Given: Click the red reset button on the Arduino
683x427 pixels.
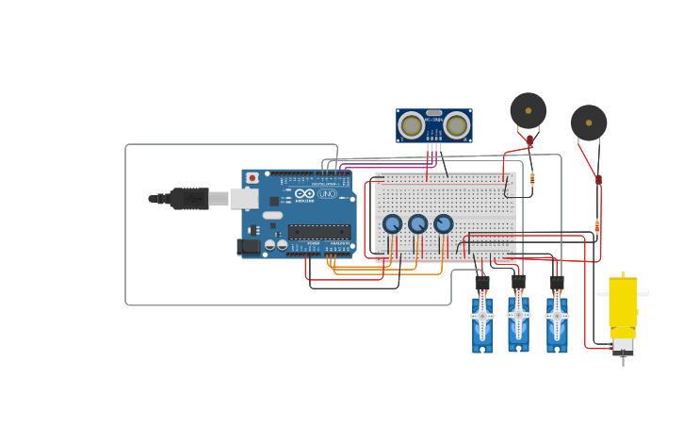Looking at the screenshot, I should tap(252, 178).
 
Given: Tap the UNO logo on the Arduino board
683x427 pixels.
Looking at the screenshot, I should tap(327, 194).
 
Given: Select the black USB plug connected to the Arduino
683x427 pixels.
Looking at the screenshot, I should tap(188, 199).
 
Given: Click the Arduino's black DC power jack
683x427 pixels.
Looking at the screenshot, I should tap(249, 247).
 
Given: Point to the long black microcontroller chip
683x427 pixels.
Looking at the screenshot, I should tap(319, 232).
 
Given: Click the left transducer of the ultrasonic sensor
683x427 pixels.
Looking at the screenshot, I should tap(412, 125).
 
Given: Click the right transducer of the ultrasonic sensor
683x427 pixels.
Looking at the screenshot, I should tap(457, 125).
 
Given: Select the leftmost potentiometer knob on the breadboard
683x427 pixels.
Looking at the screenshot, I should tap(393, 224).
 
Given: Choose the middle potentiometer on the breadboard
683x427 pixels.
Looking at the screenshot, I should tap(418, 224).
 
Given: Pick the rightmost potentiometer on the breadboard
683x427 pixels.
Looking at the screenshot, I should tap(443, 224).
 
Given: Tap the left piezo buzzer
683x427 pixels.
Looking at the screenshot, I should tap(529, 110).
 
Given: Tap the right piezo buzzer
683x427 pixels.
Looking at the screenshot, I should tap(589, 123).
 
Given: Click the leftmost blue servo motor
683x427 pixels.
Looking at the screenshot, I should tap(482, 322).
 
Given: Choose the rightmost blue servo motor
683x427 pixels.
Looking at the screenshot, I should tap(557, 322).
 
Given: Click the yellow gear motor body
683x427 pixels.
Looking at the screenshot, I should tap(623, 302).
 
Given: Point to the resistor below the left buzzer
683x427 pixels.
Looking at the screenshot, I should tap(532, 178).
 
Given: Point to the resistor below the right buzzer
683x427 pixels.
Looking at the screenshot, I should tap(597, 225).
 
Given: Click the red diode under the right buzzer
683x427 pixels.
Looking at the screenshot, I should tap(598, 179).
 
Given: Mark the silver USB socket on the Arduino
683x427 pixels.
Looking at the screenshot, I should tap(244, 199).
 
